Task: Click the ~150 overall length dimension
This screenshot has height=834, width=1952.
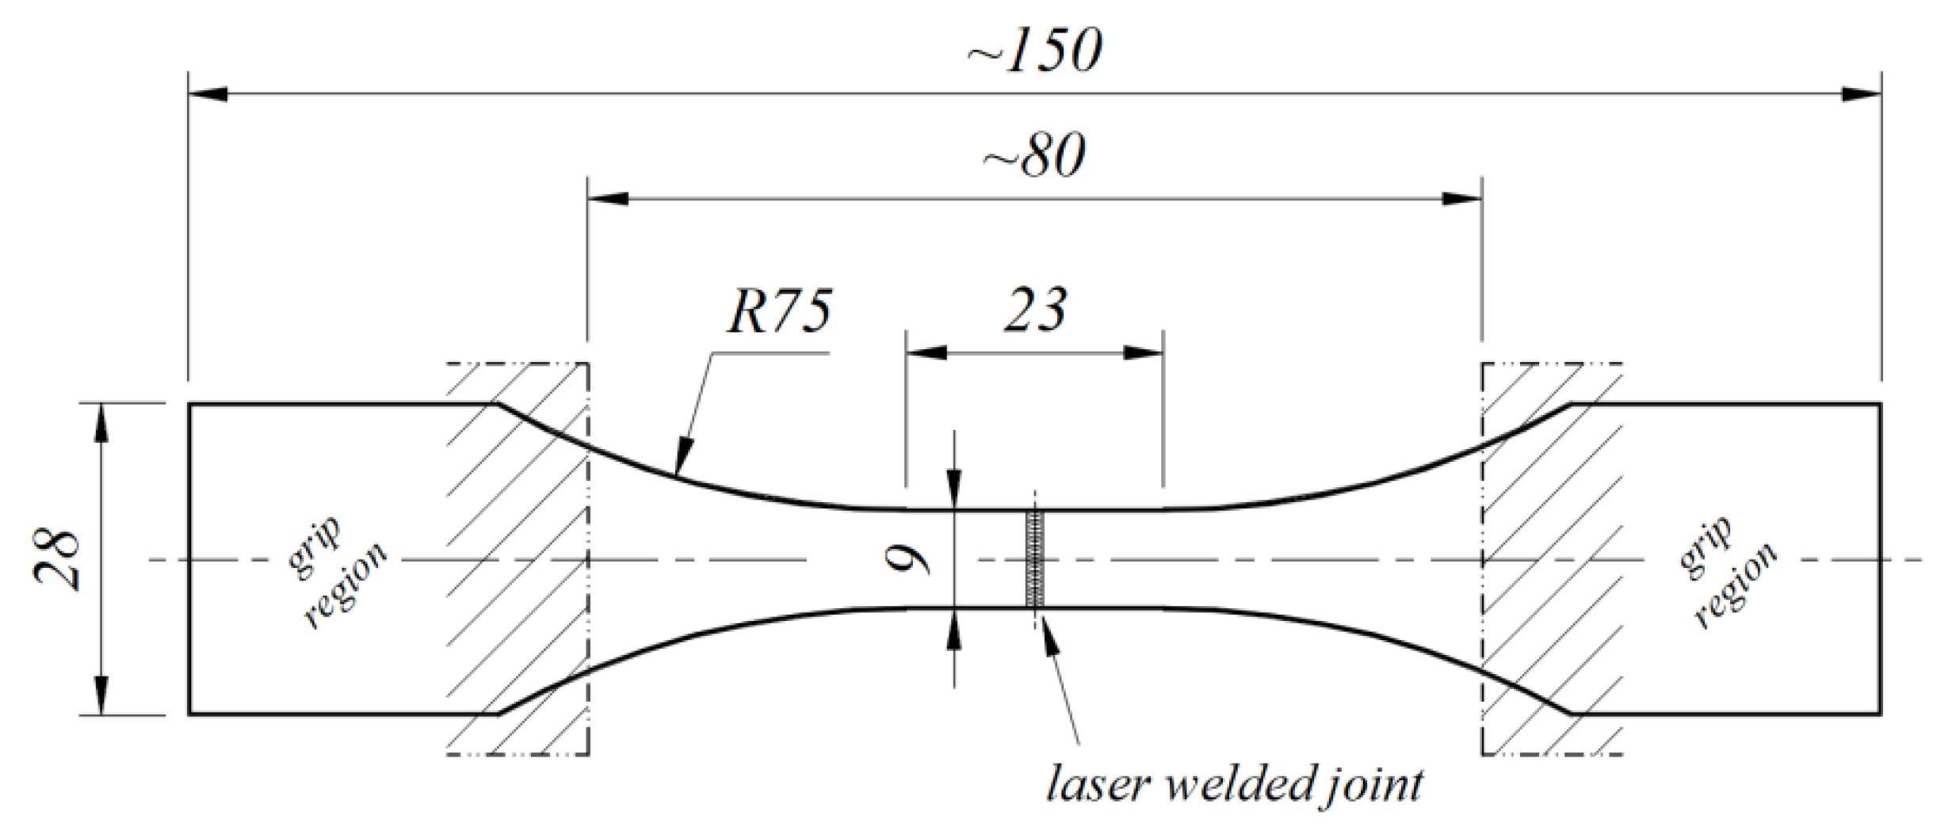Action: tap(1034, 51)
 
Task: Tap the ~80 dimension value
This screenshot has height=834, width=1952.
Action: tap(1034, 155)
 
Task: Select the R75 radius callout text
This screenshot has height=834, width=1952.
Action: tap(779, 310)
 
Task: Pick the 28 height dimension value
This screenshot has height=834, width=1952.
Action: tap(57, 559)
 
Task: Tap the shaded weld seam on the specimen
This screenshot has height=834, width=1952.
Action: tap(1034, 559)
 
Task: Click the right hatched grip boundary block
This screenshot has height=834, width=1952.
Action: tap(1551, 559)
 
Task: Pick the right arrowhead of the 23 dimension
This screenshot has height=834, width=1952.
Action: tap(1144, 352)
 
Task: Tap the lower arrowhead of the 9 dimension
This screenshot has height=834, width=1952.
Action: tap(954, 626)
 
